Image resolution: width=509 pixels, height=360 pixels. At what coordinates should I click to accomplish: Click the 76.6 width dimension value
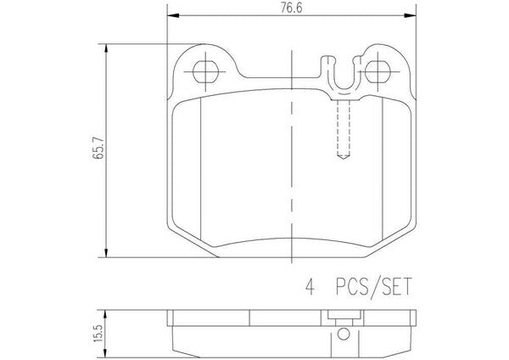tap(291, 8)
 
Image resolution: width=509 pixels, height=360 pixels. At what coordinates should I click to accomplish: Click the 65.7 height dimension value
tap(98, 148)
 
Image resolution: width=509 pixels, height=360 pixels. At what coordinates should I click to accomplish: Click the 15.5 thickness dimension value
tap(98, 334)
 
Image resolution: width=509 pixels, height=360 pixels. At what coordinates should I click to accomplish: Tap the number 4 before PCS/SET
tap(310, 286)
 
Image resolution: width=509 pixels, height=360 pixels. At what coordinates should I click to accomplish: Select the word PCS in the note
tap(352, 286)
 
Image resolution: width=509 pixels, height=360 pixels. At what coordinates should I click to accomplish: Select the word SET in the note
tap(397, 286)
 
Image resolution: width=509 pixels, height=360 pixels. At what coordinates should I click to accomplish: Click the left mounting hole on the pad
tap(205, 71)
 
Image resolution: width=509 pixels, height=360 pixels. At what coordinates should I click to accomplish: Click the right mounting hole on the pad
tap(378, 71)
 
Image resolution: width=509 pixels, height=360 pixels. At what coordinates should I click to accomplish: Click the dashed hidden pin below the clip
tap(344, 129)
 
